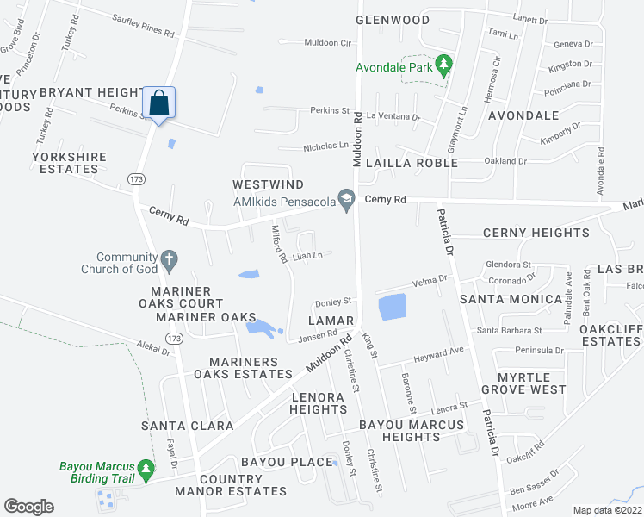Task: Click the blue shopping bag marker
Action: pos(159,103)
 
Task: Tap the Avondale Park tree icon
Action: pos(444,64)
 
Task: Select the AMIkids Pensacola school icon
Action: pos(346,200)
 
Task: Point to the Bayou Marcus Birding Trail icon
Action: pos(146,469)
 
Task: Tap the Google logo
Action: pos(28,507)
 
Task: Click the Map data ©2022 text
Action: pos(608,510)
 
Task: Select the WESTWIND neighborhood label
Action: pos(268,185)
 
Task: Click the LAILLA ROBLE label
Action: pos(410,163)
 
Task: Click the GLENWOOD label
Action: pos(393,20)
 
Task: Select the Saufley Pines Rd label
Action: pos(143,28)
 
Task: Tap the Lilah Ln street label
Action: pos(307,255)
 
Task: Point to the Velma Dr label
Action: pos(430,280)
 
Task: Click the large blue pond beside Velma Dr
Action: pos(392,308)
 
